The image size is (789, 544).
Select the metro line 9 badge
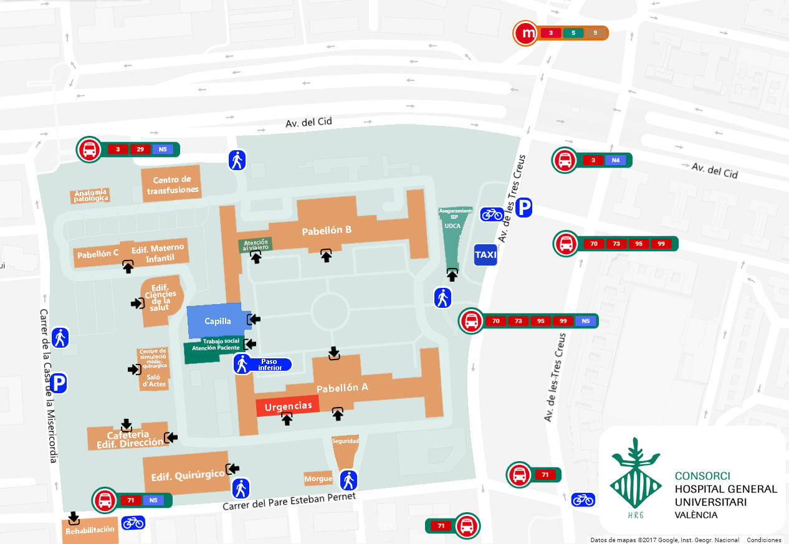coord(596,33)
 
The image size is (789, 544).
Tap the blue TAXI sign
coord(485,255)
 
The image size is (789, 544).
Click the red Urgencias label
coord(288,406)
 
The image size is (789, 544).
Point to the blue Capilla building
coord(218,321)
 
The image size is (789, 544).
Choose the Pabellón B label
coord(327,231)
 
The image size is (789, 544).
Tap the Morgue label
coord(318,479)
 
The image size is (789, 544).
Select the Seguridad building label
coord(345,441)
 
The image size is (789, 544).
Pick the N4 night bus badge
coord(614,160)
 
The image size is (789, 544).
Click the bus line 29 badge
coord(140,150)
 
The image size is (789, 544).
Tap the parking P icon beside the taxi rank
coord(524,208)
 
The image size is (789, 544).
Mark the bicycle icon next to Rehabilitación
coord(133,522)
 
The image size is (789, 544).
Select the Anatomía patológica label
coord(92,196)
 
